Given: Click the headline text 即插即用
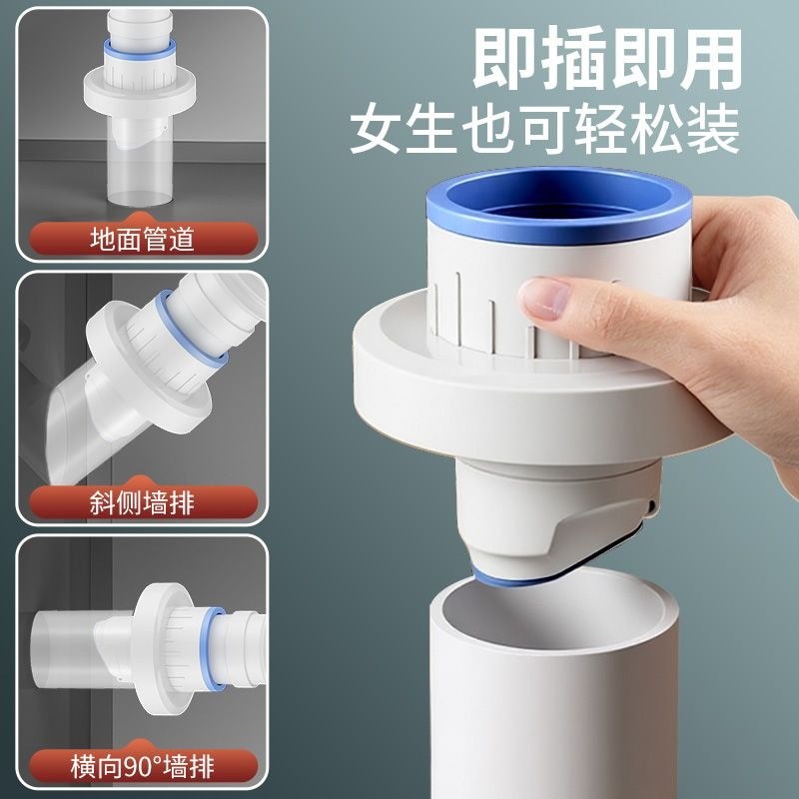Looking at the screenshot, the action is (x=607, y=59).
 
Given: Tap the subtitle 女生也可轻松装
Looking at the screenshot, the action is (x=545, y=129).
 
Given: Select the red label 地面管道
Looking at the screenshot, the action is (x=143, y=239).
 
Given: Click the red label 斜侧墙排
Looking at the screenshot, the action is (x=143, y=502).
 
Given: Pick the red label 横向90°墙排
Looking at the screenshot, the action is (x=143, y=766).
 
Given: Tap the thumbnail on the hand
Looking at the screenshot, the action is (x=544, y=299).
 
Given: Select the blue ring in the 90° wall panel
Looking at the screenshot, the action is (x=214, y=647).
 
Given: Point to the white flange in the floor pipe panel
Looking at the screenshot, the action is (x=140, y=92).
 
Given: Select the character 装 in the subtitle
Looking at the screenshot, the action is (x=715, y=129).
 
